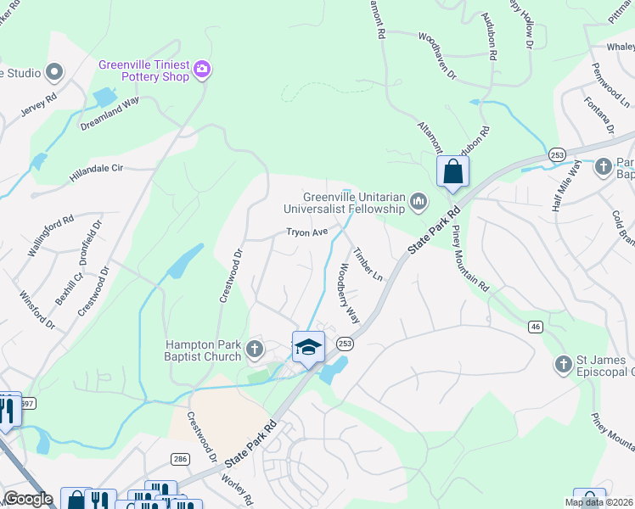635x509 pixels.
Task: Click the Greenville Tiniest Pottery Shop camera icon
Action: tap(202, 69)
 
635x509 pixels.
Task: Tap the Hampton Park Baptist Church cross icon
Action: tap(254, 349)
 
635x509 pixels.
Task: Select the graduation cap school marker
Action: tap(308, 346)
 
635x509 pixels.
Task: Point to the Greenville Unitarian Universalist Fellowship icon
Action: tap(417, 201)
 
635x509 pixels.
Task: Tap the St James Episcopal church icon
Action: tap(562, 364)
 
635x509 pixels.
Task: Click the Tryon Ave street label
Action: tap(306, 232)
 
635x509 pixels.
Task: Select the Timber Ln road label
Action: tap(368, 265)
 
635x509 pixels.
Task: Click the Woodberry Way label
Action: tap(349, 294)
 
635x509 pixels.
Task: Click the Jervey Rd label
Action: tap(40, 98)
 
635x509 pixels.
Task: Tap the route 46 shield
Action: tap(535, 326)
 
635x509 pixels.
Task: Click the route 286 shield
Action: tap(180, 458)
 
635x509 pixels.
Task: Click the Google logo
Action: tap(29, 498)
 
